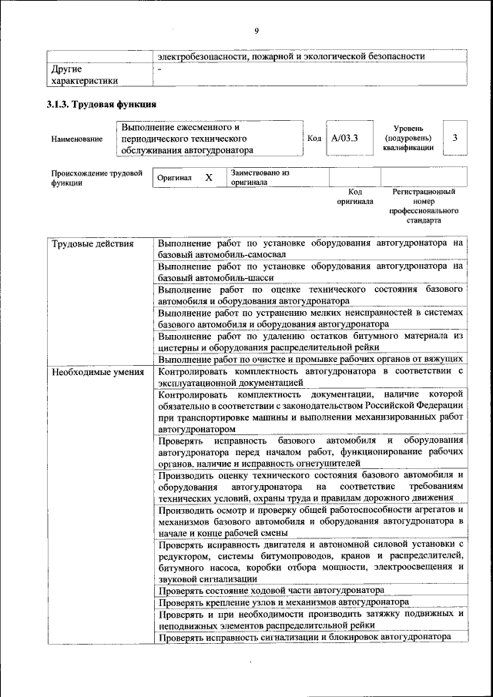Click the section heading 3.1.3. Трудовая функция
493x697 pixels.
pos(102,104)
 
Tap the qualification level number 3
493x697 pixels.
pos(456,138)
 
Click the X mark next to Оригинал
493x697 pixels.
pos(209,177)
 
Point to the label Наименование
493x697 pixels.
pos(76,139)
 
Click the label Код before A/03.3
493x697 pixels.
pos(314,138)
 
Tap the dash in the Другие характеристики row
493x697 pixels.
pos(159,69)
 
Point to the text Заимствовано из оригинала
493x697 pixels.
pos(259,178)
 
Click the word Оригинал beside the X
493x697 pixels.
pos(174,178)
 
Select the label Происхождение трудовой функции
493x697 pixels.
pos(96,178)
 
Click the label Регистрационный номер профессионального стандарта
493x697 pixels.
pos(423,206)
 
